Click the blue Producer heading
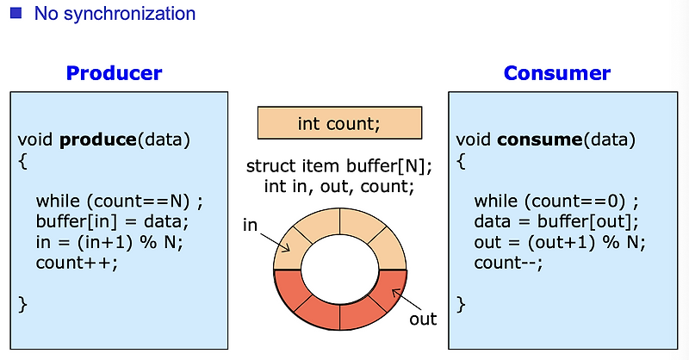pyautogui.click(x=114, y=73)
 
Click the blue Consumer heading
pyautogui.click(x=557, y=73)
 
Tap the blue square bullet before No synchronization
pyautogui.click(x=15, y=13)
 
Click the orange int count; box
pyautogui.click(x=339, y=123)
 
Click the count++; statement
pyautogui.click(x=76, y=263)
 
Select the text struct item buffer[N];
pyautogui.click(x=339, y=166)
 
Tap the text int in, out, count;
pyautogui.click(x=339, y=186)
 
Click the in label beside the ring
pyautogui.click(x=251, y=225)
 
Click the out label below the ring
pyautogui.click(x=423, y=319)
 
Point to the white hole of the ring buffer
pyautogui.click(x=339, y=269)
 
